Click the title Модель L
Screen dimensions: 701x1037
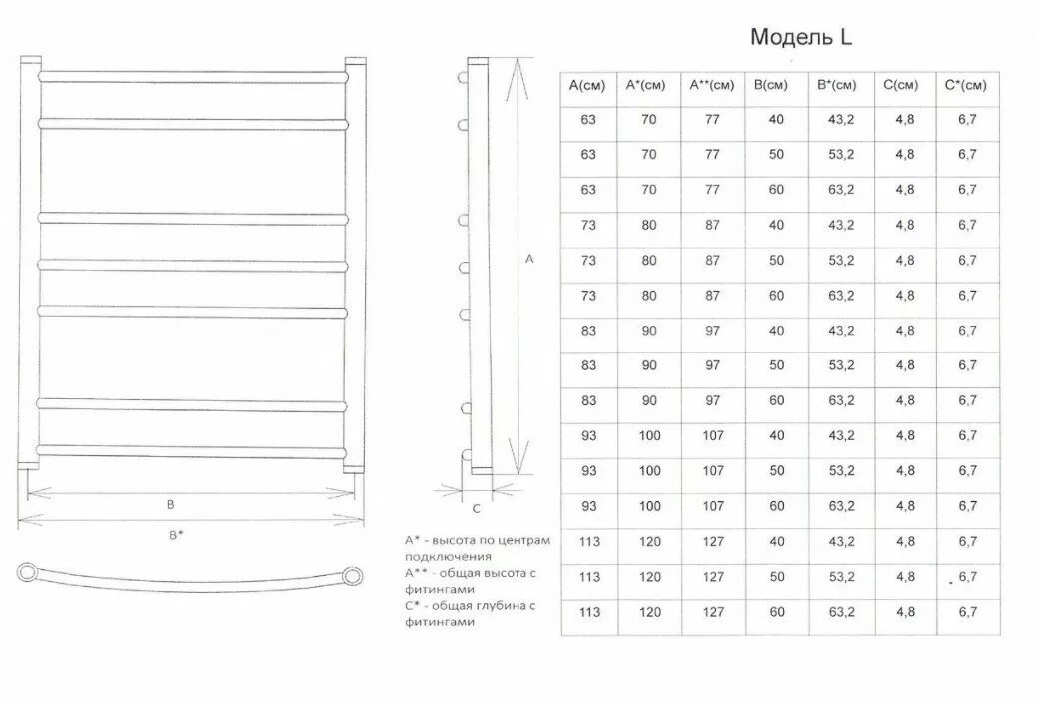pos(801,38)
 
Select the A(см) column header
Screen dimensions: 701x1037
pos(587,86)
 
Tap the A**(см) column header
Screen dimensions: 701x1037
pos(712,86)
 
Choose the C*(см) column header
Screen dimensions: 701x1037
pos(965,86)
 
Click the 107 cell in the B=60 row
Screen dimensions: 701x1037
pos(712,506)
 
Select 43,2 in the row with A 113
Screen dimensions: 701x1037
pos(841,541)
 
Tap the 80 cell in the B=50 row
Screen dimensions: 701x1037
pos(649,260)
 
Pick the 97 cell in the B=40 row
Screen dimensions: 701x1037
pos(712,331)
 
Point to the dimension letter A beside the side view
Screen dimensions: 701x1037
pos(529,259)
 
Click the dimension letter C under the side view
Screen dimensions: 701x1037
pos(477,509)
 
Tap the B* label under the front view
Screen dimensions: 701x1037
pos(176,535)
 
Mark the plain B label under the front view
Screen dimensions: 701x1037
pos(171,505)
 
